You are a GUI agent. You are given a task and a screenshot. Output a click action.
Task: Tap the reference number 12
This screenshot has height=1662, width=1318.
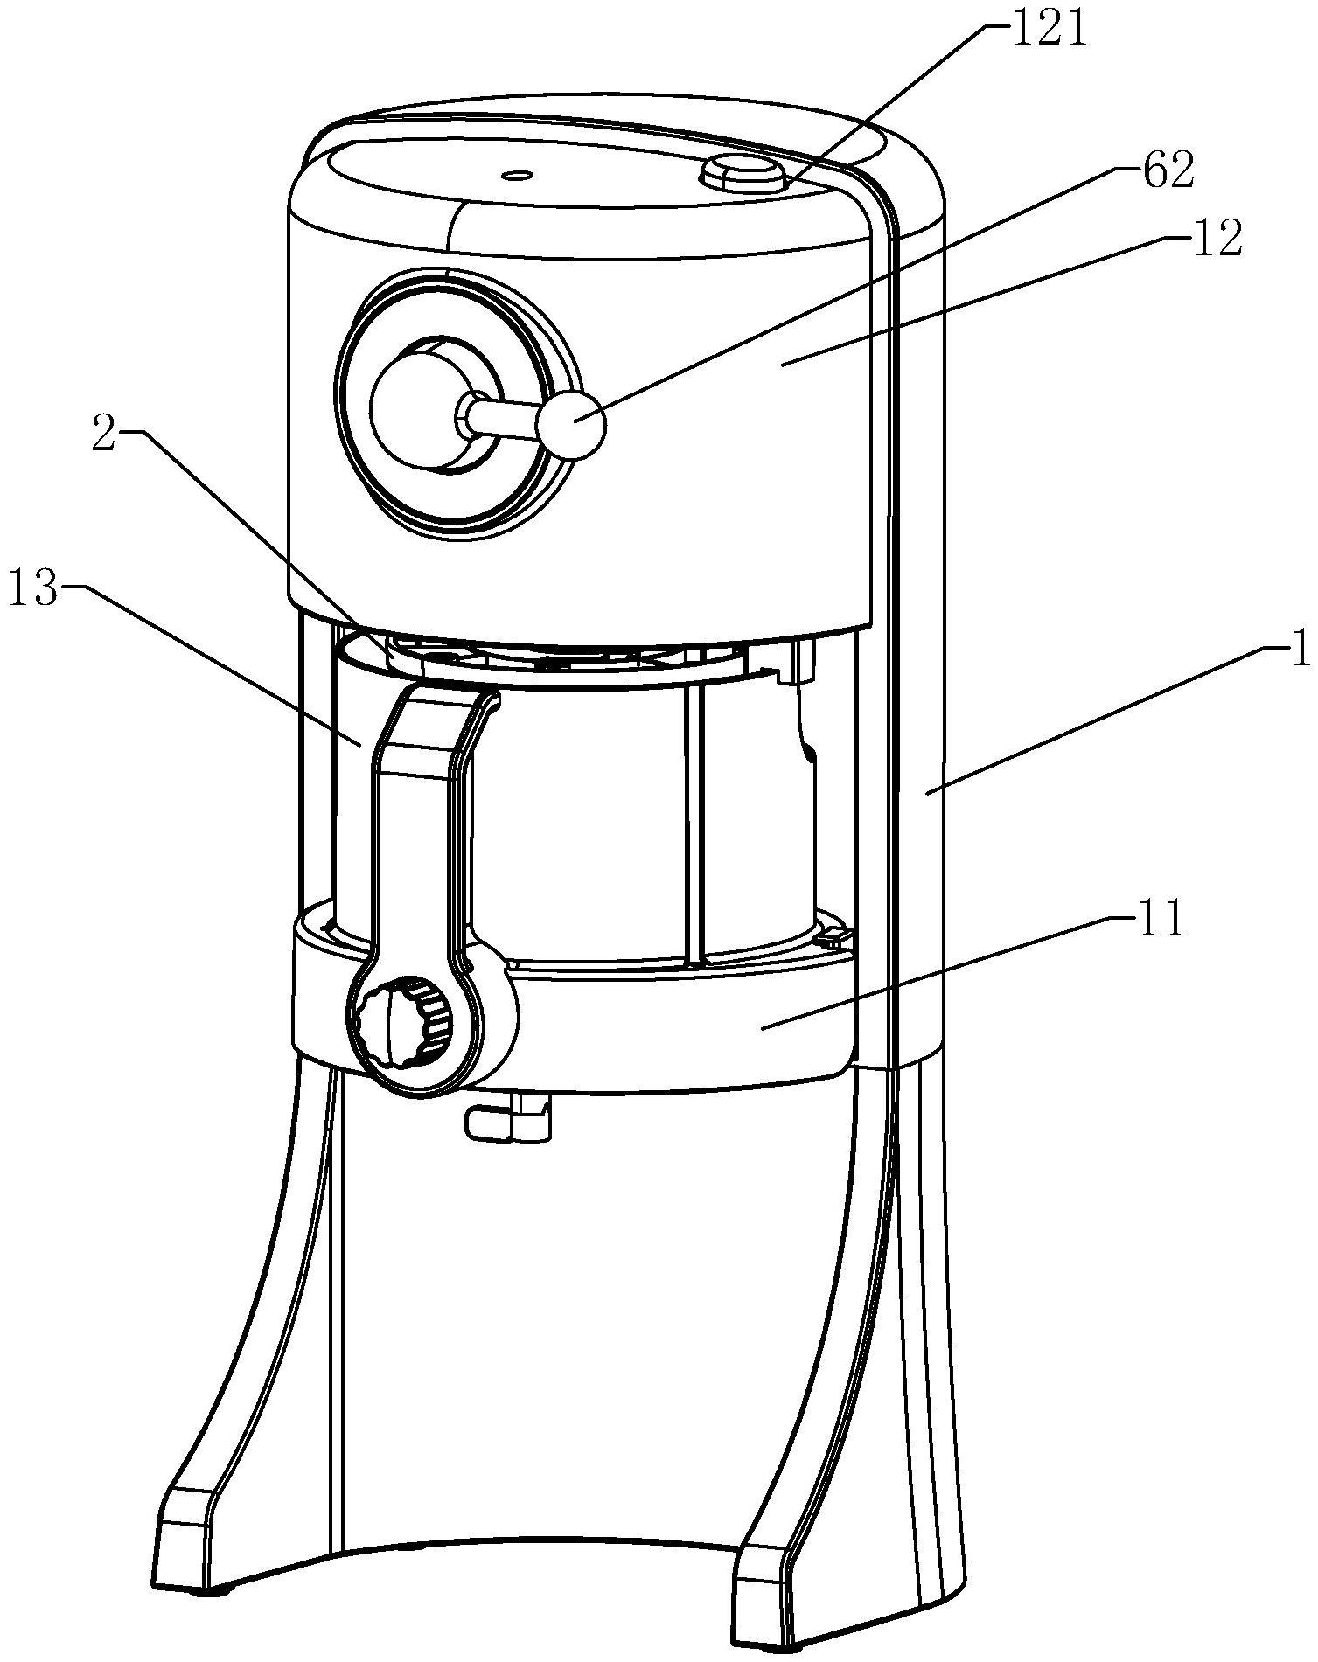[x=1217, y=240]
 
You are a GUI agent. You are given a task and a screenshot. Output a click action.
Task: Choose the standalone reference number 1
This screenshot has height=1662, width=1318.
[x=1301, y=651]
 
